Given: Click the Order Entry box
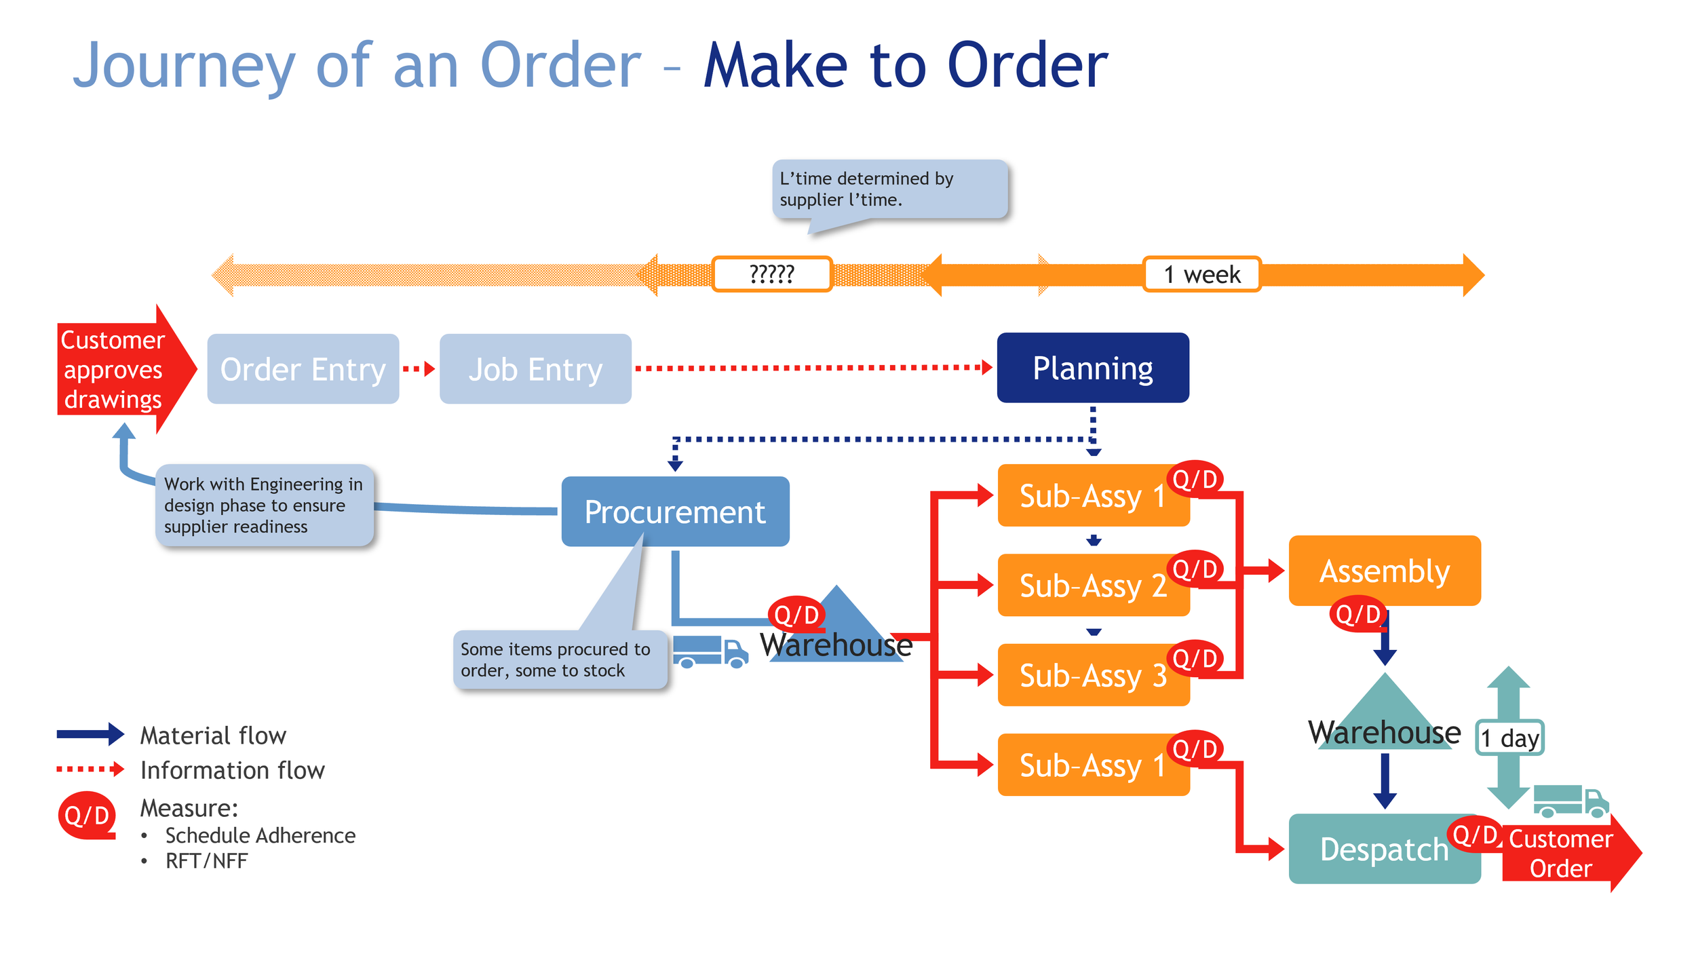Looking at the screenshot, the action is coord(303,368).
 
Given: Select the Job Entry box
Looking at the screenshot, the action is coord(535,368).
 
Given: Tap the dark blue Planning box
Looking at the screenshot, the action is coord(1093,368).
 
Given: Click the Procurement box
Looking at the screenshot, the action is coord(675,512).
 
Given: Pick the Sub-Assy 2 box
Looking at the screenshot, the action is coord(1093,585).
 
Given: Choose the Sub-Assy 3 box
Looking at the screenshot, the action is coord(1093,674).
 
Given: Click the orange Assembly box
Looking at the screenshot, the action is coord(1385,571).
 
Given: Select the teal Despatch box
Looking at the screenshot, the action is coord(1384,849).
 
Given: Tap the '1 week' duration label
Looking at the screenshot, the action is coord(1202,274).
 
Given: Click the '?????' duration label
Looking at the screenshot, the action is coord(772,274).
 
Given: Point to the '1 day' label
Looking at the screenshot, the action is coord(1509,738).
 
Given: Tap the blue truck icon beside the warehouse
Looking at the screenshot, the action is coord(710,652).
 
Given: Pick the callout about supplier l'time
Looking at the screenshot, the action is coord(889,189).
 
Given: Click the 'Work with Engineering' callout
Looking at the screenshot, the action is coord(265,505).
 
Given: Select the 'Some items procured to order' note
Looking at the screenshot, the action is coord(560,660).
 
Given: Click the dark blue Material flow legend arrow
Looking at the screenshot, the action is coord(90,734).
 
